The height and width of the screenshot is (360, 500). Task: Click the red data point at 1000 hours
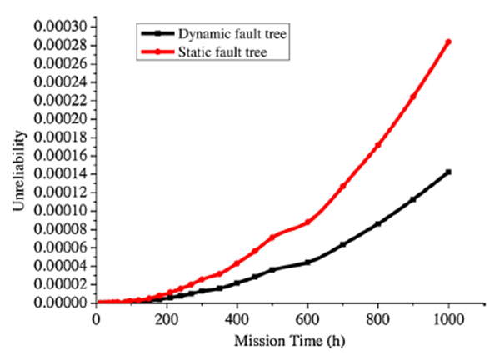(x=448, y=42)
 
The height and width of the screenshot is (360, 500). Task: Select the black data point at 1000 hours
(x=448, y=172)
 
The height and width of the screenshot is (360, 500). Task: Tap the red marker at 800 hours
(x=378, y=145)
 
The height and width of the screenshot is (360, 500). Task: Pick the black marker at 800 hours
(x=378, y=223)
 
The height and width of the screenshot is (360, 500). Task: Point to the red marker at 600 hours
(x=307, y=222)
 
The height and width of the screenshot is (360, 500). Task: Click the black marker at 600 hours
(x=307, y=262)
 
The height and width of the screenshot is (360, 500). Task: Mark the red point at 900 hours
(x=413, y=97)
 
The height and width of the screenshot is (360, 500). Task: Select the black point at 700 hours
(x=342, y=244)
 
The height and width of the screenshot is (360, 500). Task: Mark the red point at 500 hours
(x=272, y=237)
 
